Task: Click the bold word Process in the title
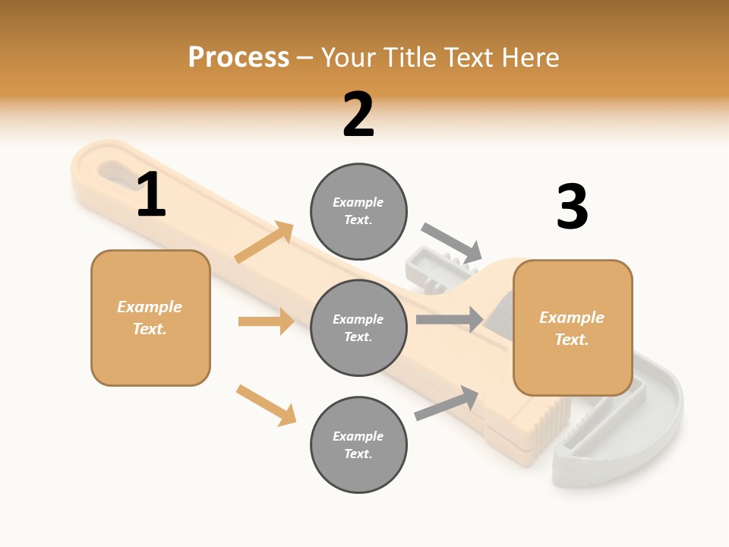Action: click(238, 57)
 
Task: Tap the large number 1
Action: click(151, 195)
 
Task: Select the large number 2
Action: click(358, 115)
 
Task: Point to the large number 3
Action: click(572, 207)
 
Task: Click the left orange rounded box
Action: click(150, 318)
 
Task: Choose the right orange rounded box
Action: click(573, 327)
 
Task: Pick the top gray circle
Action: click(358, 211)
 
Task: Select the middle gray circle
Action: click(358, 327)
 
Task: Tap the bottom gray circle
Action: click(358, 444)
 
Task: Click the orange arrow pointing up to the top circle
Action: click(264, 242)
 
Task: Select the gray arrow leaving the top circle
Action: click(452, 242)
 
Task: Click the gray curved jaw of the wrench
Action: click(653, 425)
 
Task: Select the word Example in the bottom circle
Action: click(358, 436)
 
